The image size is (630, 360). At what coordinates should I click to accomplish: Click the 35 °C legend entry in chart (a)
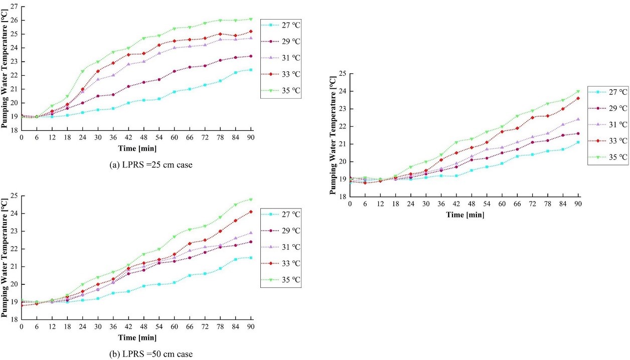tap(281, 90)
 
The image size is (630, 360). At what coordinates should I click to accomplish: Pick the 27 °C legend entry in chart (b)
tap(281, 214)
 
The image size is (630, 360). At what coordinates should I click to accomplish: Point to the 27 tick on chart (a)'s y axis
tap(14, 7)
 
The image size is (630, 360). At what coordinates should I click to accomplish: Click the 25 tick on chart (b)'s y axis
tap(14, 196)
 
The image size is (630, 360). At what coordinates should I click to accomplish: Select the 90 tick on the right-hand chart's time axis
tap(578, 204)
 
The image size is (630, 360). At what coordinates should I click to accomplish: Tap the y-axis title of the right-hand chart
tap(333, 135)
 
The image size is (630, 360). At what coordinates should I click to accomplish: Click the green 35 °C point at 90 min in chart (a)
tap(251, 19)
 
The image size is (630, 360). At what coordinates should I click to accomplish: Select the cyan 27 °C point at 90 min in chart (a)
tap(251, 70)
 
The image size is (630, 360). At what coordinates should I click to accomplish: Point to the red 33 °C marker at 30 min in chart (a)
tap(98, 71)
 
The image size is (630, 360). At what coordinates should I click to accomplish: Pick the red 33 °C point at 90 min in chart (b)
tap(251, 212)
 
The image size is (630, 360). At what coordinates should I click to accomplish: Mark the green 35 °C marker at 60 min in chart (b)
tap(175, 237)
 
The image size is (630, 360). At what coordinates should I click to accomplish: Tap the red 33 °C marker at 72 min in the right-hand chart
tap(533, 117)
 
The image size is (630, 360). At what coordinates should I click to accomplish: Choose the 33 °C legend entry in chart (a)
tap(281, 74)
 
